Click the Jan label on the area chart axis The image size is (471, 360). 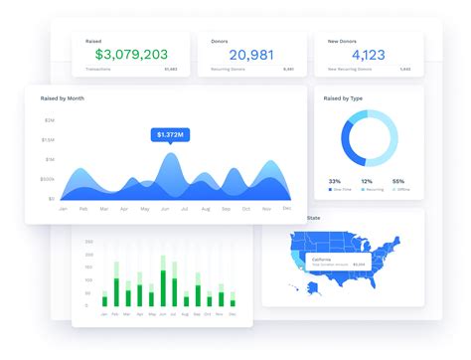coord(63,209)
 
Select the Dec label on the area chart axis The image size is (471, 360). coord(287,209)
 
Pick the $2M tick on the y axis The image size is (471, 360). coord(49,119)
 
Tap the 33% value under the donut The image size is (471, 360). coord(334,180)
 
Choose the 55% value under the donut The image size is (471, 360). coord(398,180)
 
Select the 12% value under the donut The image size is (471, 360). coord(366,180)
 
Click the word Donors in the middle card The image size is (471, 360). coord(220,42)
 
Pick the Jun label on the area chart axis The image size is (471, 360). coord(165,209)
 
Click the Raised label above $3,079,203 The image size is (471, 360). coord(92,42)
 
